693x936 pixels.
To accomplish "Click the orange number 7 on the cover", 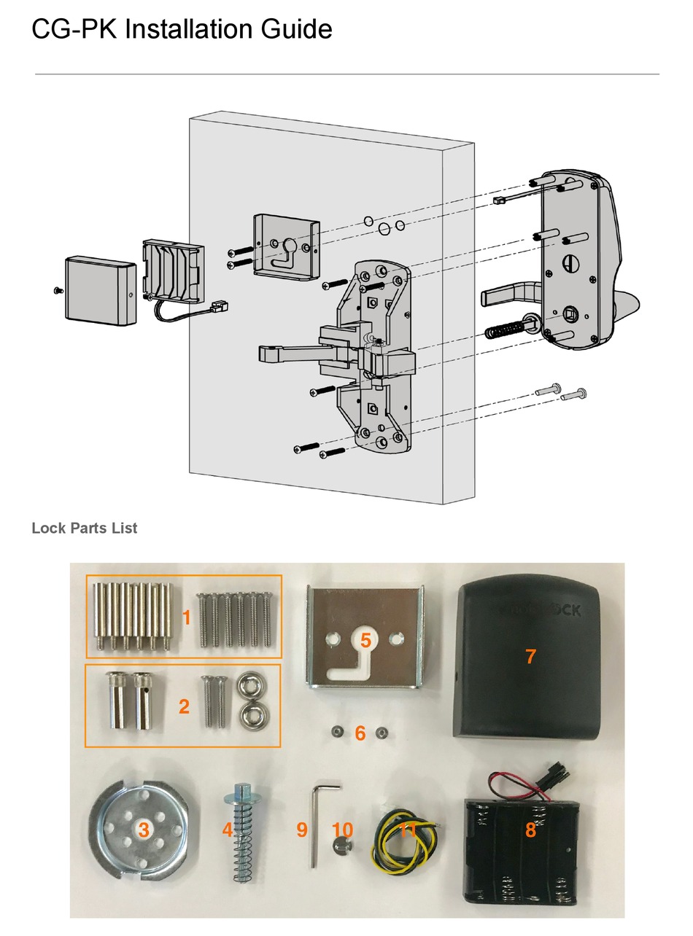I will point(530,656).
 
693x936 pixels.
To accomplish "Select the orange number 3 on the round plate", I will point(143,829).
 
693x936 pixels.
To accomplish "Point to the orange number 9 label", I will point(301,829).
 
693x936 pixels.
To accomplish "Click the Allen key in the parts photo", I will point(318,816).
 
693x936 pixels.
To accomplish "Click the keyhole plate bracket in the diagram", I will point(287,246).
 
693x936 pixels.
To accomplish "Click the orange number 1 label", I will point(186,618).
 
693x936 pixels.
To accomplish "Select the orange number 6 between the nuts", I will point(360,733).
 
